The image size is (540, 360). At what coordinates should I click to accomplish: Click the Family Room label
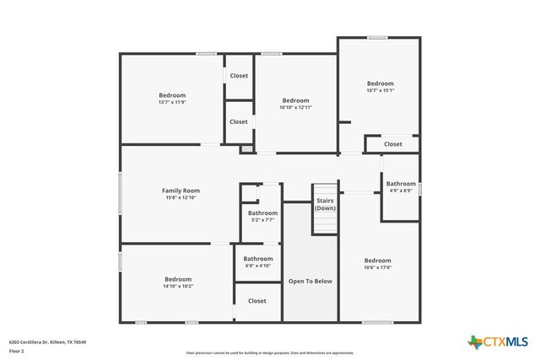(x=181, y=191)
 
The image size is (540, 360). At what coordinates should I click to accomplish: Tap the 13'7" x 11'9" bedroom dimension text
(x=172, y=103)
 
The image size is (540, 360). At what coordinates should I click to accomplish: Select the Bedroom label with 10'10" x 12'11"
(x=295, y=100)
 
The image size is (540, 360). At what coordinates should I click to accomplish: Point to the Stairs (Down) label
(x=326, y=204)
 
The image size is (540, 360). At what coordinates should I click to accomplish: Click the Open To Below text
(x=310, y=281)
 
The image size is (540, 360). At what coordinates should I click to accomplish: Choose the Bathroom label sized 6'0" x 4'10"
(x=258, y=259)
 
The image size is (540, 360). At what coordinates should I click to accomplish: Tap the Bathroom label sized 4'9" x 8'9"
(x=401, y=184)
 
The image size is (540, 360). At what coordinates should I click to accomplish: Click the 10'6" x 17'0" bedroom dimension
(x=377, y=268)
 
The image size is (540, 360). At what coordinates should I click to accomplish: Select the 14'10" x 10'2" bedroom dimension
(x=178, y=287)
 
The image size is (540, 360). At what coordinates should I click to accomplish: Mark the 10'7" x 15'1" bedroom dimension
(x=380, y=91)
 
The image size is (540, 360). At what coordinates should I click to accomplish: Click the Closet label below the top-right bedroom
(x=393, y=144)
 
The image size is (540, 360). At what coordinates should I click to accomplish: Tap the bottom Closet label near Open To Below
(x=257, y=301)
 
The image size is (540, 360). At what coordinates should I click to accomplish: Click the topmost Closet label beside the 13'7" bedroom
(x=240, y=76)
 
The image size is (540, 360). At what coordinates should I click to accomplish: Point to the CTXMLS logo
(x=499, y=341)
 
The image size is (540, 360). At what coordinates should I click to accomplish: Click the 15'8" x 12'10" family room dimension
(x=181, y=198)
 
